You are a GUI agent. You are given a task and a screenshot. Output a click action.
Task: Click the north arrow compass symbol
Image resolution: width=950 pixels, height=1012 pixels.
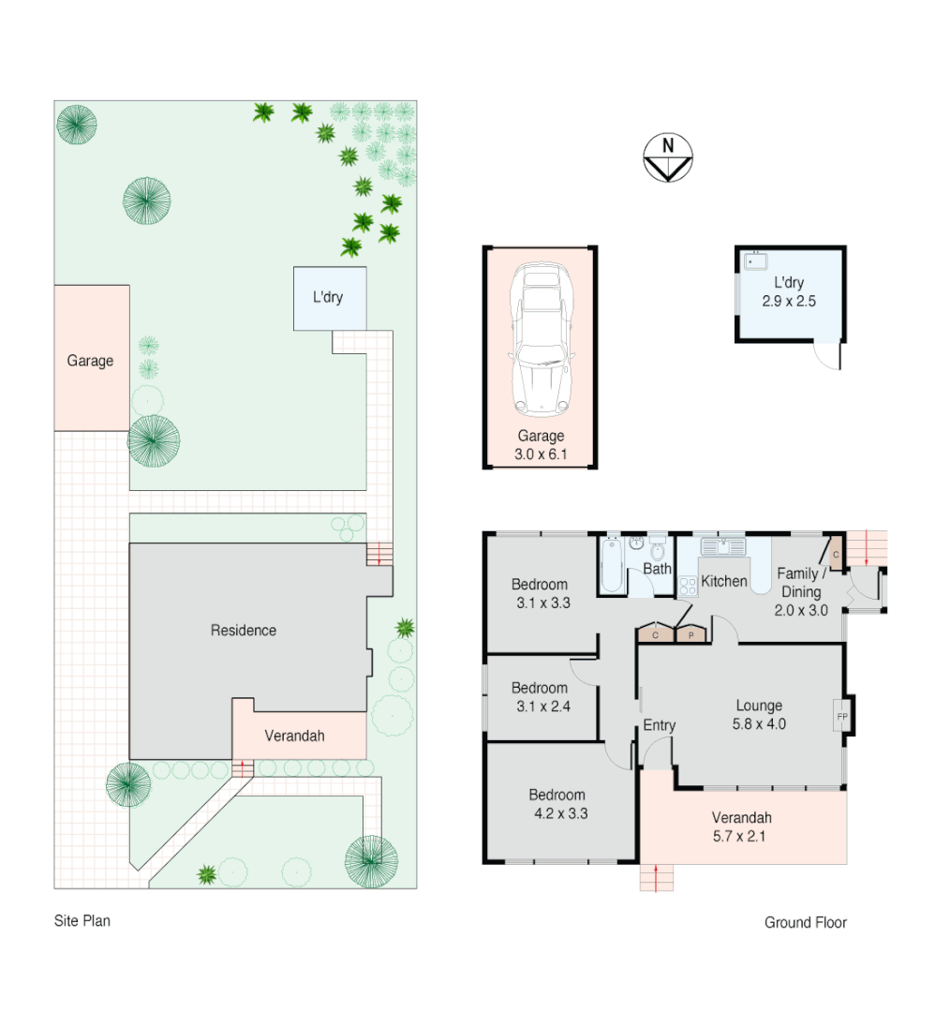click(x=667, y=157)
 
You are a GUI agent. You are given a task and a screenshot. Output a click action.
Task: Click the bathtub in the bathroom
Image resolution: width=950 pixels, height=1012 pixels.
click(x=612, y=565)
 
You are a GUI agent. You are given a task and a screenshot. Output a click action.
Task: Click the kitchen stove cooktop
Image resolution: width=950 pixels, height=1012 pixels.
click(x=687, y=587)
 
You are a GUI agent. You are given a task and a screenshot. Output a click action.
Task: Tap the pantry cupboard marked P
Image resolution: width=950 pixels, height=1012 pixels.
click(x=690, y=634)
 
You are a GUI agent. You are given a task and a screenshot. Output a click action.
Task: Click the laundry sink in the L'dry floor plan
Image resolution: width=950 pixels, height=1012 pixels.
click(x=755, y=260)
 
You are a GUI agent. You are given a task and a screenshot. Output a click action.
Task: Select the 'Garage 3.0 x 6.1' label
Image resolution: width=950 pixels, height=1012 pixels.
click(x=542, y=445)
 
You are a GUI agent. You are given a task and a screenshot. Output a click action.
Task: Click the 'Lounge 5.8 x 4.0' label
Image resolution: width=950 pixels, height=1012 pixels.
click(x=759, y=715)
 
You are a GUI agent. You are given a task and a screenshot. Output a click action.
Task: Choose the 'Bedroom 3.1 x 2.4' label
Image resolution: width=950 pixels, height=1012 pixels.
click(x=540, y=697)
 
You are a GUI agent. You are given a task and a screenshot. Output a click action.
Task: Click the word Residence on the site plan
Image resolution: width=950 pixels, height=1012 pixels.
click(x=244, y=631)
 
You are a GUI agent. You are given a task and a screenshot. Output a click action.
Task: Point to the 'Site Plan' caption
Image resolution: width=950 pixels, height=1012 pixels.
click(x=82, y=921)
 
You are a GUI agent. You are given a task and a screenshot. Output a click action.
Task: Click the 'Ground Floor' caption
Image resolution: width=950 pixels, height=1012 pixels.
click(x=805, y=923)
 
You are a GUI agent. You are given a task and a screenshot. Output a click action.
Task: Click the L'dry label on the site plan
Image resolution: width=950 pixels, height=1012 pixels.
click(x=328, y=298)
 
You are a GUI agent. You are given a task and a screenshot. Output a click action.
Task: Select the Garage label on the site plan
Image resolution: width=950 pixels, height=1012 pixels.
click(x=90, y=360)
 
